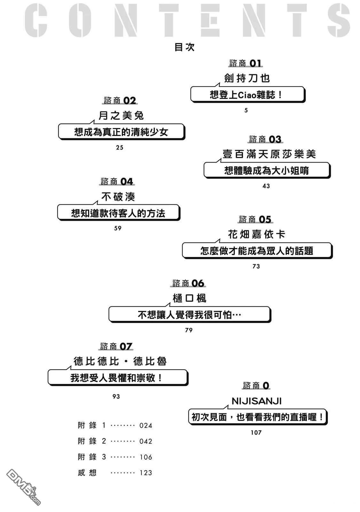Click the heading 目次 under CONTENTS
click(x=184, y=47)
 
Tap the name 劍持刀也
click(x=247, y=78)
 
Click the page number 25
click(x=120, y=148)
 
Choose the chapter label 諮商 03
click(x=265, y=140)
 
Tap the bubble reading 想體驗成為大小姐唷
click(x=266, y=171)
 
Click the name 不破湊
click(x=118, y=197)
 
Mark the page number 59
click(x=118, y=228)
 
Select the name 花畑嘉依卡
click(x=256, y=235)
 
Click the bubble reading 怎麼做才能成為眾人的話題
click(x=256, y=251)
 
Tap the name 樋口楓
click(x=189, y=299)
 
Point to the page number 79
click(x=189, y=330)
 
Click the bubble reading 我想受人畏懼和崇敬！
click(x=117, y=378)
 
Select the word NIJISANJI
click(x=256, y=401)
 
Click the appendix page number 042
click(x=146, y=441)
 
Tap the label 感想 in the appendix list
click(x=87, y=473)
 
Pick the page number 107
click(x=256, y=433)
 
